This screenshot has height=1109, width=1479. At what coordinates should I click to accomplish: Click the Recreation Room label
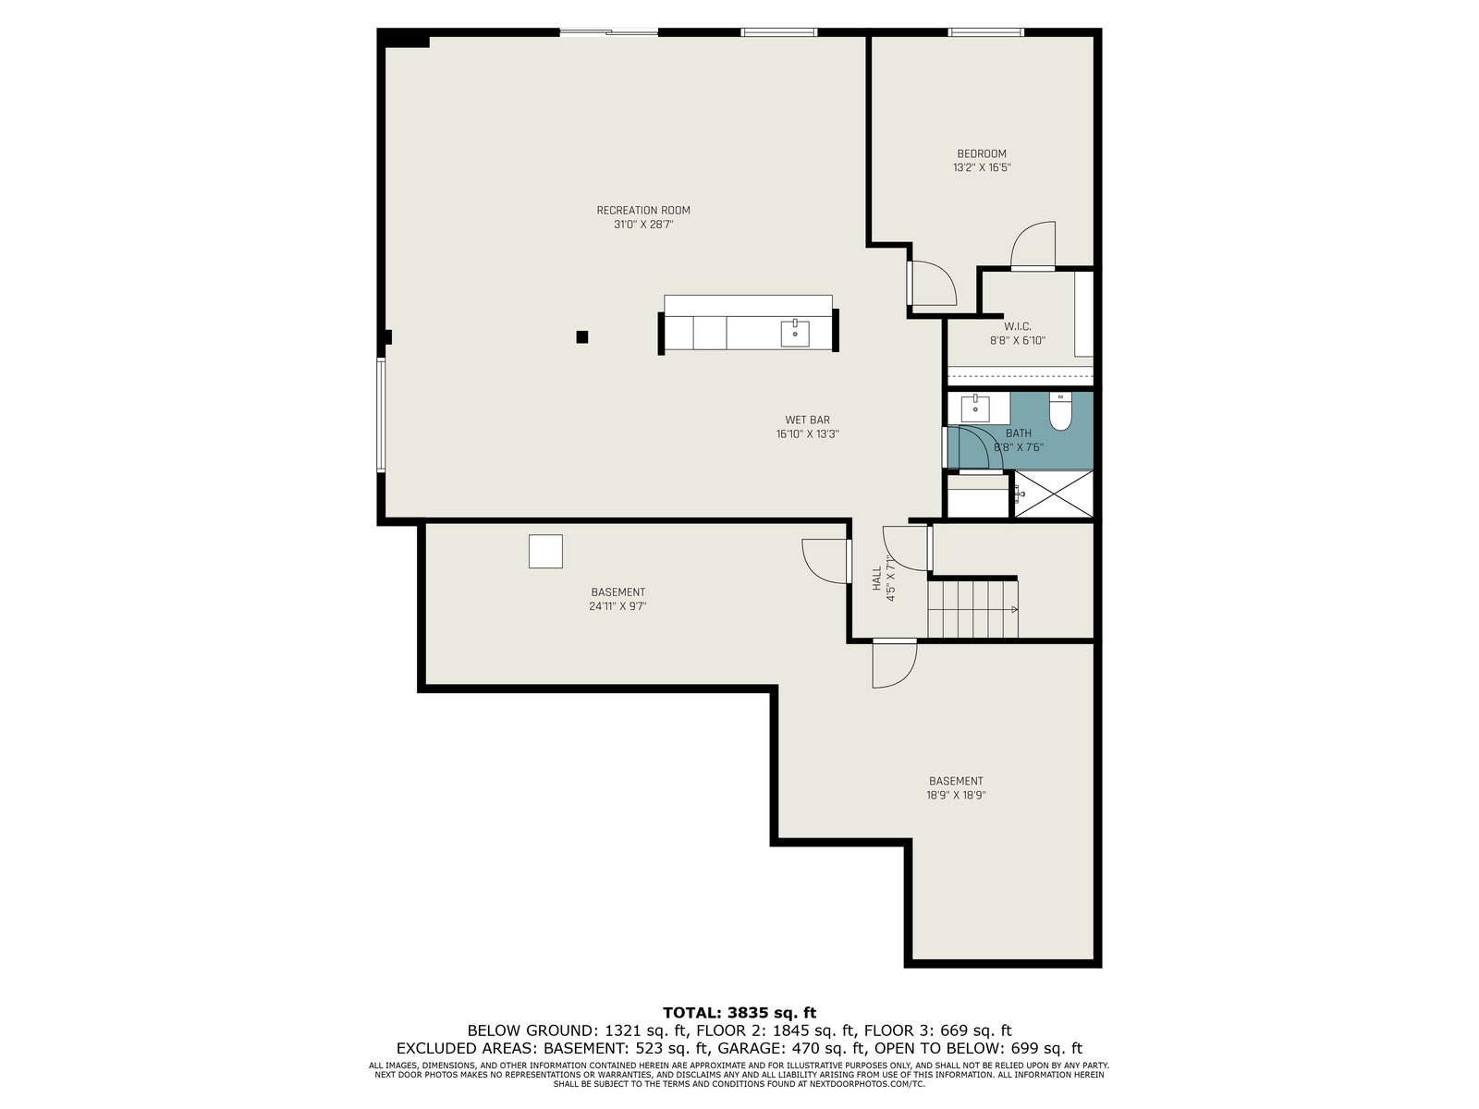pyautogui.click(x=642, y=210)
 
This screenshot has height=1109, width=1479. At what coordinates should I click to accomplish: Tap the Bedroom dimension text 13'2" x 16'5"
pyautogui.click(x=982, y=167)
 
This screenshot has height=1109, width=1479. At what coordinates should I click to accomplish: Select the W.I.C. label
pyautogui.click(x=1018, y=326)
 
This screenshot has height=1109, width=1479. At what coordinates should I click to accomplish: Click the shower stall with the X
pyautogui.click(x=1053, y=494)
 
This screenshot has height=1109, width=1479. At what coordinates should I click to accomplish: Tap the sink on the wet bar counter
pyautogui.click(x=795, y=333)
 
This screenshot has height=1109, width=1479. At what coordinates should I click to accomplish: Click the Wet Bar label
pyautogui.click(x=807, y=420)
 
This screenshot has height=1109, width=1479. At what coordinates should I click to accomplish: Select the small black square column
pyautogui.click(x=582, y=336)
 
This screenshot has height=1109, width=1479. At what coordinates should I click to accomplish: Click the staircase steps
pyautogui.click(x=972, y=609)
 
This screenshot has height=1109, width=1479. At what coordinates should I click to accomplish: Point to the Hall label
pyautogui.click(x=876, y=578)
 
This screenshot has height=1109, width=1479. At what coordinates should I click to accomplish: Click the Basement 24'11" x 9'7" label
pyautogui.click(x=617, y=599)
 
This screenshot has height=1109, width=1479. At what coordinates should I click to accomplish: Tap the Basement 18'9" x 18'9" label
pyautogui.click(x=956, y=787)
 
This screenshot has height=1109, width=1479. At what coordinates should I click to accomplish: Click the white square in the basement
pyautogui.click(x=545, y=551)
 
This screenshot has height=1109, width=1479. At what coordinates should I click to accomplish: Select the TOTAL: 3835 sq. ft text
pyautogui.click(x=739, y=1013)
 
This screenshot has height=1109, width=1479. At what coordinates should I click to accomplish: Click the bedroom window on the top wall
pyautogui.click(x=985, y=31)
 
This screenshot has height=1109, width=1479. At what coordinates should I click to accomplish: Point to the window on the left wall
pyautogui.click(x=382, y=414)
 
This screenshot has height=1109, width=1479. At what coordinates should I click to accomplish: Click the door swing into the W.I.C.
pyautogui.click(x=1033, y=245)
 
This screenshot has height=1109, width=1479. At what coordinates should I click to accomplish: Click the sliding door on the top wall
pyautogui.click(x=609, y=31)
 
